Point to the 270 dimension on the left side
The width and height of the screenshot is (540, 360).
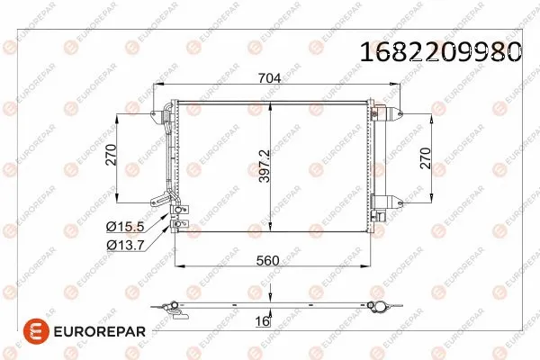(x=112, y=156)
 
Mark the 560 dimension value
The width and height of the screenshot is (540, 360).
(x=268, y=260)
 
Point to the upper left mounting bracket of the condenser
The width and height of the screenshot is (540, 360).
(x=165, y=112)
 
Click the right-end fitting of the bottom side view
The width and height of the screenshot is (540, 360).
(x=383, y=306)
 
